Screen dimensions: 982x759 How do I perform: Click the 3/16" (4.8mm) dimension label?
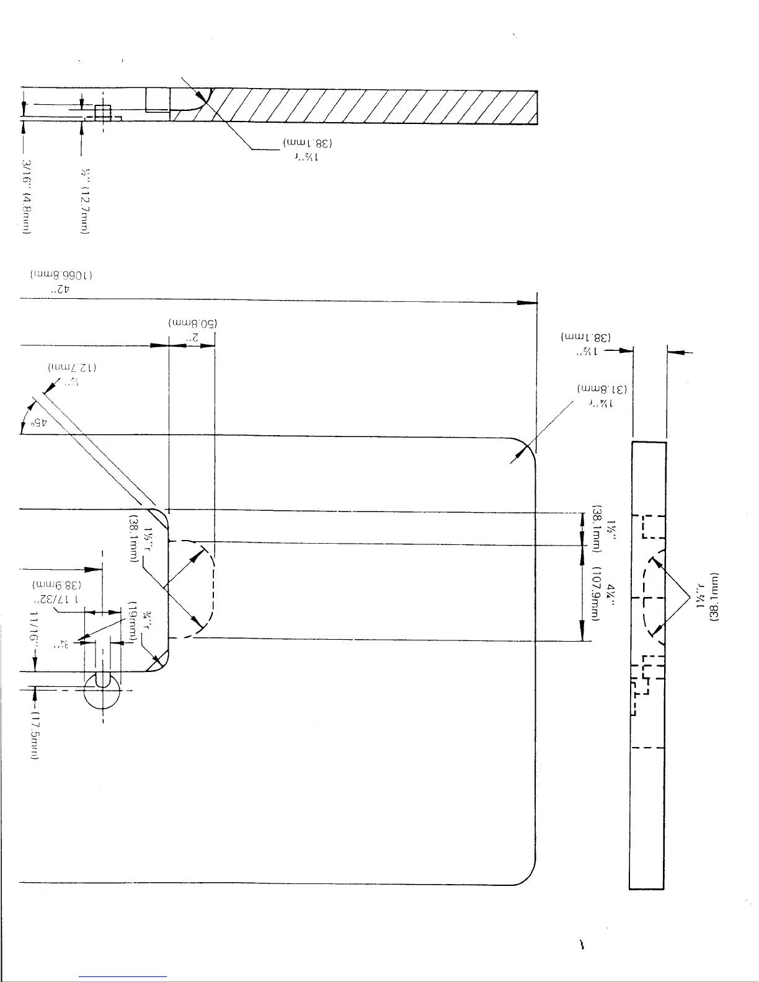click(27, 197)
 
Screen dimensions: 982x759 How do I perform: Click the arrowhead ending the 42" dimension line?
click(527, 303)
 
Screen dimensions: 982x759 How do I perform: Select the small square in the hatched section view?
click(102, 112)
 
